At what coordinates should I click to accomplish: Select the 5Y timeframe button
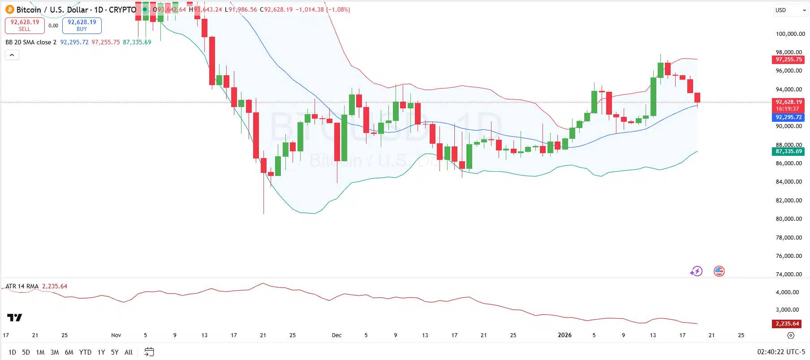(115, 352)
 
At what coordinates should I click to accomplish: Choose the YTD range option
(85, 352)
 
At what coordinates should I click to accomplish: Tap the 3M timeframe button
(55, 352)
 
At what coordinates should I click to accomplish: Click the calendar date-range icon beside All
(149, 352)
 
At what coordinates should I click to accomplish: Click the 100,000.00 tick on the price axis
(790, 34)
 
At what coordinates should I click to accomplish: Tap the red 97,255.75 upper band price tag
(788, 60)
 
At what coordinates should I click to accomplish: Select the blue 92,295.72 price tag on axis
(788, 117)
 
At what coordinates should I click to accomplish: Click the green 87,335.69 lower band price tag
(788, 151)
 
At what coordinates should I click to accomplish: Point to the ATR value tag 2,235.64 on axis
(787, 324)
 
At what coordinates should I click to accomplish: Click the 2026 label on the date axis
(564, 335)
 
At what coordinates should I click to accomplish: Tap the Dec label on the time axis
(336, 335)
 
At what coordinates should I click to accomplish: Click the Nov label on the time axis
(116, 335)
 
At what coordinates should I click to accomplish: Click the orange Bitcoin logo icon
(10, 9)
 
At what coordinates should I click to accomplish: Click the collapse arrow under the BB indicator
(12, 55)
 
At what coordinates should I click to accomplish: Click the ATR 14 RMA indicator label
(22, 286)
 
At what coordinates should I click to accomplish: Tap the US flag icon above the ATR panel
(719, 271)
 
